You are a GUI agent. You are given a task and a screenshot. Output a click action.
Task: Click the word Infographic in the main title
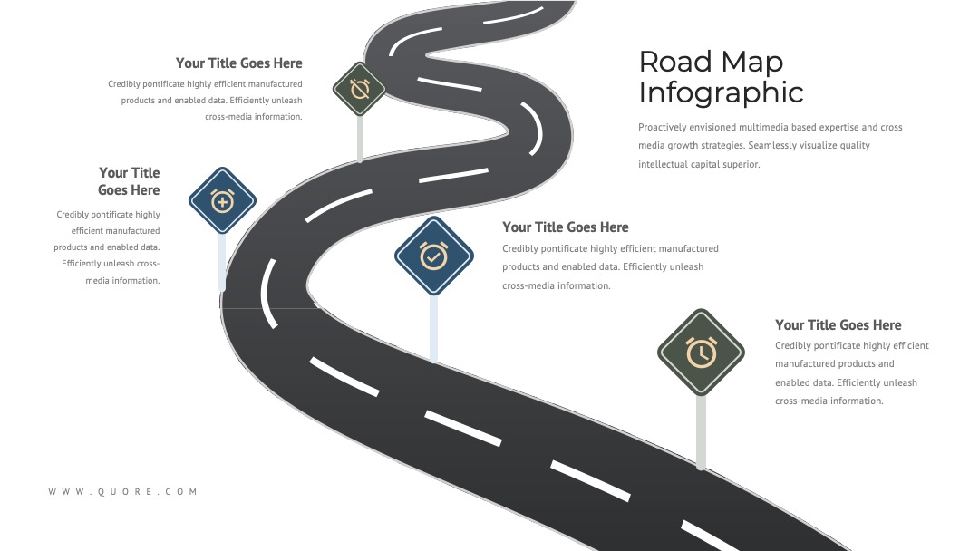click(721, 93)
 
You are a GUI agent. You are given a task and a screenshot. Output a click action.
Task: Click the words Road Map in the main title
click(711, 62)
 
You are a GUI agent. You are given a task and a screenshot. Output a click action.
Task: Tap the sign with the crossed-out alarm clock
click(359, 89)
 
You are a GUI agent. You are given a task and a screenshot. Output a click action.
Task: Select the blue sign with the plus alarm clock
click(222, 201)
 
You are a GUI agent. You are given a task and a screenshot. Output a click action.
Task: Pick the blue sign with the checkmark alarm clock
click(434, 256)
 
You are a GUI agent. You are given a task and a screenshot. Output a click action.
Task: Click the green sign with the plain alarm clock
click(701, 353)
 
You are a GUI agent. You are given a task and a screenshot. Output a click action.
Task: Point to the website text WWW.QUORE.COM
click(123, 492)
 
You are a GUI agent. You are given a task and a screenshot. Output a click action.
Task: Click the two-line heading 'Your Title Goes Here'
click(129, 181)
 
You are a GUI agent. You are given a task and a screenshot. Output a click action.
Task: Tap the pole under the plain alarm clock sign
click(701, 431)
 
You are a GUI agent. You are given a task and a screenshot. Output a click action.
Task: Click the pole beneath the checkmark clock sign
click(434, 328)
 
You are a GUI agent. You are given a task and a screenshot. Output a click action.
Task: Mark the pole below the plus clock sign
click(222, 262)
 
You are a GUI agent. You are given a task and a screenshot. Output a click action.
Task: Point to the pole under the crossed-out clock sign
click(360, 140)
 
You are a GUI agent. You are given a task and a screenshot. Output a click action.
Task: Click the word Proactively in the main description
click(662, 127)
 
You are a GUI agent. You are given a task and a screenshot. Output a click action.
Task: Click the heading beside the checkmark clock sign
click(566, 227)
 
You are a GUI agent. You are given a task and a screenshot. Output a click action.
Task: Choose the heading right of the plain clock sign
click(838, 325)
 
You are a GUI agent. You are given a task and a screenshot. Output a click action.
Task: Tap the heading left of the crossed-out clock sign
click(239, 63)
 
